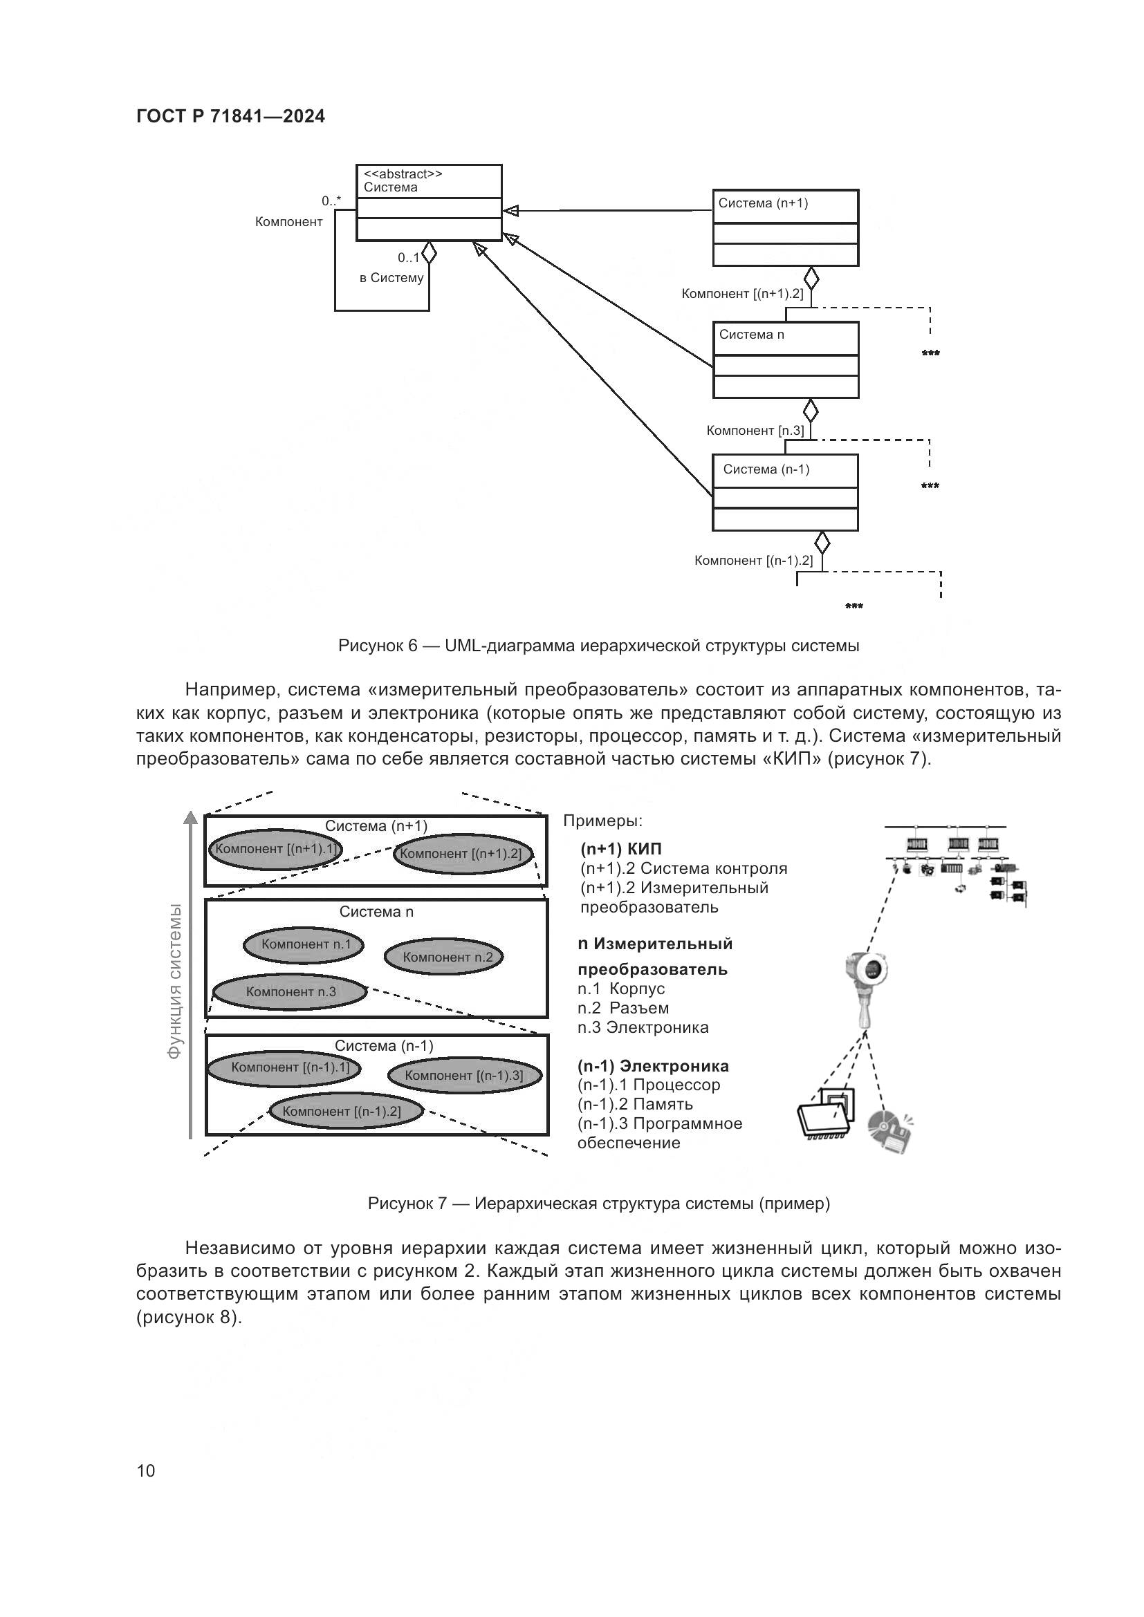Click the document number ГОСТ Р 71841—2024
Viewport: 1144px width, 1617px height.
[230, 117]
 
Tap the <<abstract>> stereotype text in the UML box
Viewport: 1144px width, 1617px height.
[403, 174]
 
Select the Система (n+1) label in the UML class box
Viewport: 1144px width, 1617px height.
[763, 203]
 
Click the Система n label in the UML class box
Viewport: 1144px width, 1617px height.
[751, 335]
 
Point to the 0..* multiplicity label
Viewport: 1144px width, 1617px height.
[331, 200]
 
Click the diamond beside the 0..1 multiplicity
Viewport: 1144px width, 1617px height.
[428, 252]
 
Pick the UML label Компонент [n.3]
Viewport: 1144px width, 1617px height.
[755, 430]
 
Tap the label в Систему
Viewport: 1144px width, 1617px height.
[391, 278]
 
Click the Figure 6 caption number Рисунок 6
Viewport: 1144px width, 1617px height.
[378, 646]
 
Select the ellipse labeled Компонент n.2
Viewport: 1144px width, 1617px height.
[444, 957]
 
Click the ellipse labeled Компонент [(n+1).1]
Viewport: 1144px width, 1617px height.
[275, 850]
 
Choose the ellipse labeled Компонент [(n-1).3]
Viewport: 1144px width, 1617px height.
[464, 1076]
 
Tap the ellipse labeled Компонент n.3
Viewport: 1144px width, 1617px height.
[290, 992]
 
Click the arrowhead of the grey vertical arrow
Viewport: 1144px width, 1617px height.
[190, 819]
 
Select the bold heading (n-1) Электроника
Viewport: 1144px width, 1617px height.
[653, 1066]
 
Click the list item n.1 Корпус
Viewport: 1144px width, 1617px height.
[620, 989]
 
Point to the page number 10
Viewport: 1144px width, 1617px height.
[146, 1470]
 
